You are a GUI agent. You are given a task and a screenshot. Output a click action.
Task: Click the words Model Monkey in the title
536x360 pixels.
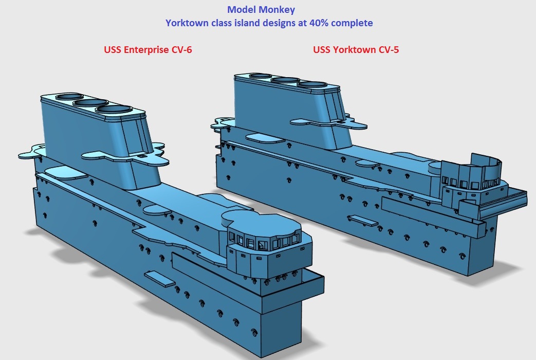[x=261, y=10]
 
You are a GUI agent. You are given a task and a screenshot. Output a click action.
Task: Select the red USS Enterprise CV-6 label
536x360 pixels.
[x=148, y=49]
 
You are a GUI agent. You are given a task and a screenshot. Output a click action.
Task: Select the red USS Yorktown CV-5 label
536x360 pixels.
[x=356, y=49]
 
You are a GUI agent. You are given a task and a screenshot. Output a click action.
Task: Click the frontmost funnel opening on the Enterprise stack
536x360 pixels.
[x=114, y=110]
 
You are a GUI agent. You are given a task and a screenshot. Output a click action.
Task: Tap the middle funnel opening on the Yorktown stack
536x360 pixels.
[x=285, y=80]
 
